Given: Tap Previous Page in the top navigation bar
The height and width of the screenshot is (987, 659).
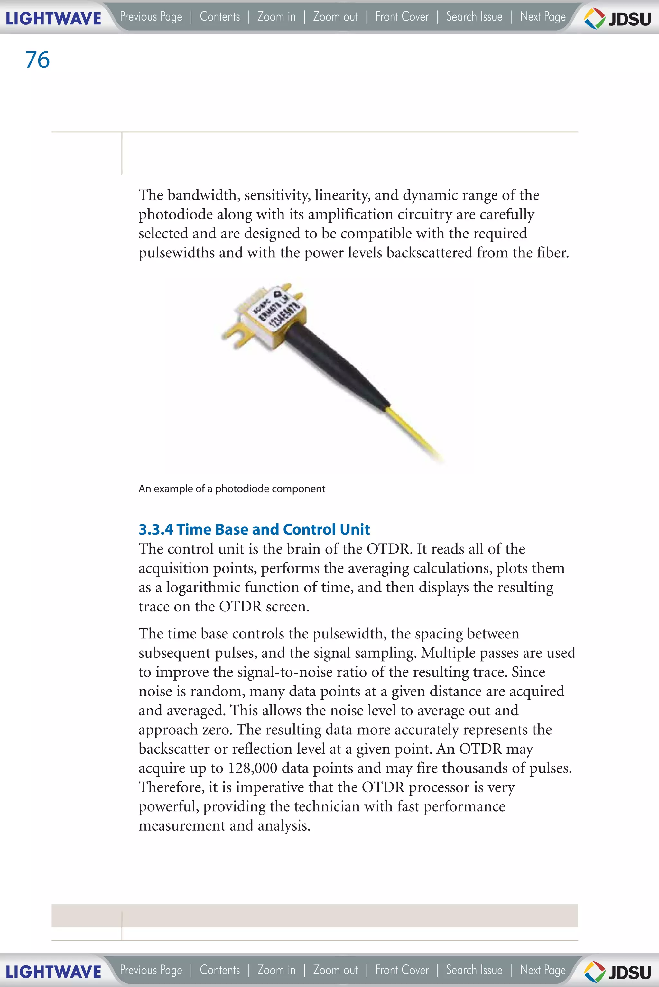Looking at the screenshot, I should [x=151, y=17].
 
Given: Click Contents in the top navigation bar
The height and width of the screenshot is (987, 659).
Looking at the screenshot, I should [x=220, y=17].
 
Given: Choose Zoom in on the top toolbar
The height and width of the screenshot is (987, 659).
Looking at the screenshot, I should [x=276, y=17].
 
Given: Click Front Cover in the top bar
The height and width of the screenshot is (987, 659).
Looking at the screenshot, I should [x=402, y=17].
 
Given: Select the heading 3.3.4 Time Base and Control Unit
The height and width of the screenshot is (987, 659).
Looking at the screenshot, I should [x=254, y=529].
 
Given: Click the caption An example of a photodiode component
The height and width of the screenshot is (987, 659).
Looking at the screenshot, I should [x=232, y=489].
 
